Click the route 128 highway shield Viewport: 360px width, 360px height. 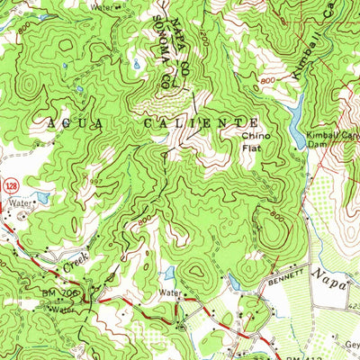5,184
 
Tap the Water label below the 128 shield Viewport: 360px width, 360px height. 19,204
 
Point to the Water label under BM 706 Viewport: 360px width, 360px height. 61,309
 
